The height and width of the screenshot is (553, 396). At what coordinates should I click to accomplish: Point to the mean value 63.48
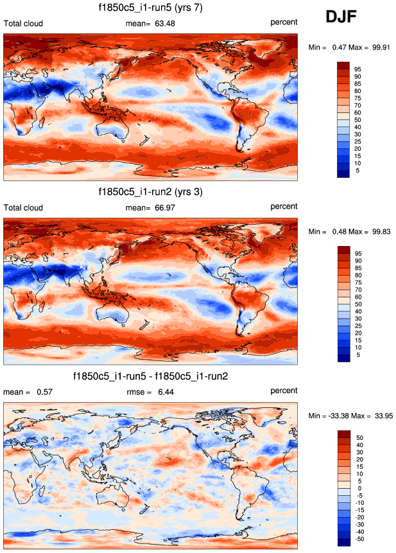click(x=164, y=24)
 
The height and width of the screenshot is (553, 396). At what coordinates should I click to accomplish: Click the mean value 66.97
click(x=164, y=207)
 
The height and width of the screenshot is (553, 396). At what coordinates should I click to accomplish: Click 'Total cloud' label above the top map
click(x=24, y=24)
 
